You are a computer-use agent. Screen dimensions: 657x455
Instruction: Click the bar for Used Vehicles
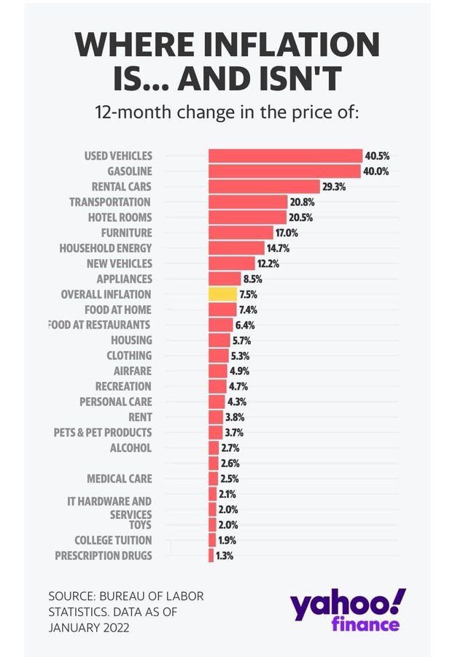click(x=285, y=155)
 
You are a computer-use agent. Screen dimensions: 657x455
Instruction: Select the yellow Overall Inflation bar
click(x=222, y=294)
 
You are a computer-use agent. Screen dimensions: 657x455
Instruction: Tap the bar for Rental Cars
click(x=264, y=186)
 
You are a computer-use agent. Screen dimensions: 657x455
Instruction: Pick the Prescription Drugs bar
click(x=211, y=556)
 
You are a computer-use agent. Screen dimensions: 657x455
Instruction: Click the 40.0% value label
click(x=377, y=172)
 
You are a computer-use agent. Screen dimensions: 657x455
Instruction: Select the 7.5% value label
click(x=249, y=294)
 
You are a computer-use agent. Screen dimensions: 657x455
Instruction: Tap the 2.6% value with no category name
click(x=230, y=464)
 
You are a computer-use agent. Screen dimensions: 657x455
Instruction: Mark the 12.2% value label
click(x=266, y=264)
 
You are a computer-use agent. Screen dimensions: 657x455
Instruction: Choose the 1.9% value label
click(x=227, y=540)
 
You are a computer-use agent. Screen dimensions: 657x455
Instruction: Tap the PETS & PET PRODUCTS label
click(x=103, y=432)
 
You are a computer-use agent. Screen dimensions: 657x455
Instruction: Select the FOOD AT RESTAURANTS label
click(x=100, y=324)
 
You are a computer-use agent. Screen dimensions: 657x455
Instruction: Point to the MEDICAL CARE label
click(x=120, y=479)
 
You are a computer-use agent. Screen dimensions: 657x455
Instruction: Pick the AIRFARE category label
click(x=133, y=370)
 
